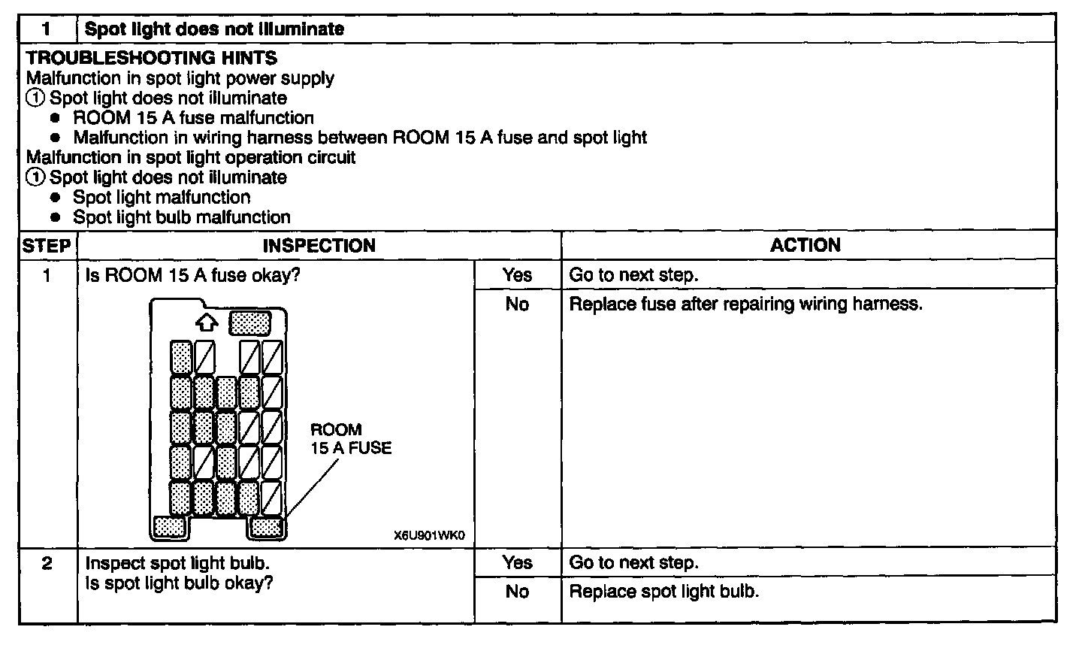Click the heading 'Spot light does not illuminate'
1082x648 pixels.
click(214, 29)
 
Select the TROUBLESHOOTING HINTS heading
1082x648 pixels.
click(151, 58)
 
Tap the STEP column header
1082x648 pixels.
click(47, 246)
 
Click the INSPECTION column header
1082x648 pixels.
click(319, 246)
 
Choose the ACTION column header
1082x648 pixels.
click(805, 245)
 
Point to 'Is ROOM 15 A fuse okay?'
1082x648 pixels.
click(193, 275)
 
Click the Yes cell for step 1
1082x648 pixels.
click(517, 275)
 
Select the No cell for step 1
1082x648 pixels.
click(517, 304)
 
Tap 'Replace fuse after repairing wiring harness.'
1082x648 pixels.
click(745, 304)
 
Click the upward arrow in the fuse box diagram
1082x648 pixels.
click(206, 323)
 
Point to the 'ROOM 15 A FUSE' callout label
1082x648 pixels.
click(350, 439)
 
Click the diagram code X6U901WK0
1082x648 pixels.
click(429, 537)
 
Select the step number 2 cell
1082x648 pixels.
click(47, 563)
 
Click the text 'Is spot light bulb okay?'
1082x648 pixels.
click(179, 583)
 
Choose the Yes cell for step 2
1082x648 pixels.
click(517, 563)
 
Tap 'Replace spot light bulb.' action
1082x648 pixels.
click(663, 592)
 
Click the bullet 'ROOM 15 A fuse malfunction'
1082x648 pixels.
click(193, 118)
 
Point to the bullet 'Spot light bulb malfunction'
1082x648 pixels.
click(181, 217)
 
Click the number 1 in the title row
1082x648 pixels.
click(47, 29)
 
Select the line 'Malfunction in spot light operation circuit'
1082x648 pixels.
click(191, 158)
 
